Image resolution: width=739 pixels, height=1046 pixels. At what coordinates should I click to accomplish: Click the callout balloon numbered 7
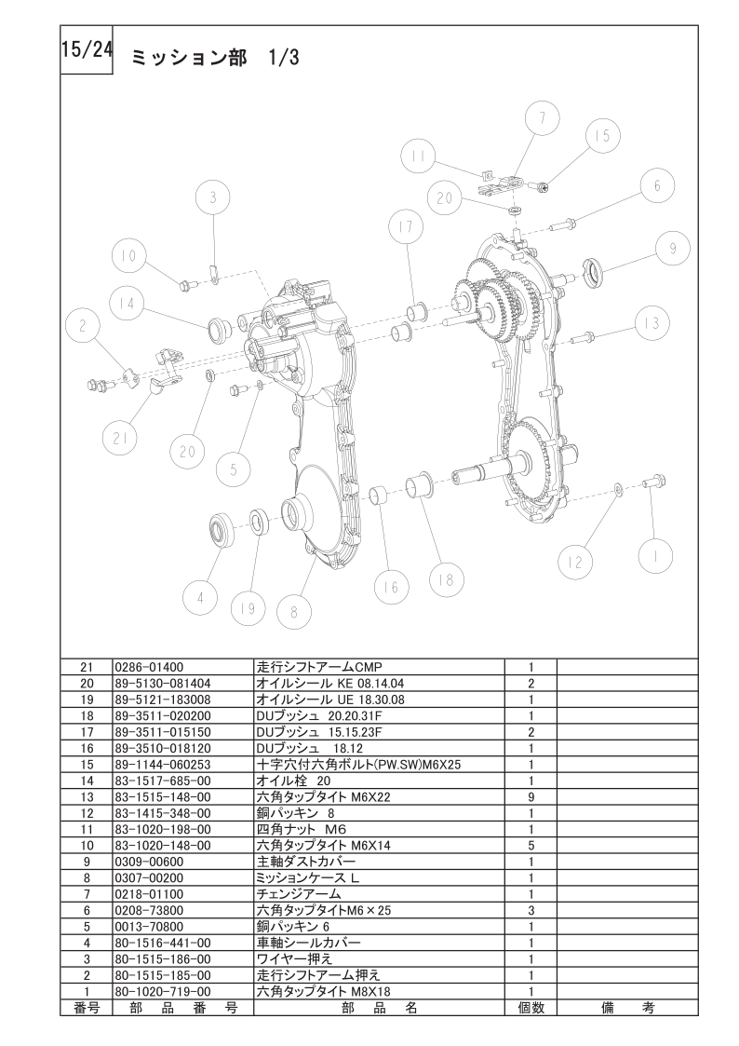click(542, 119)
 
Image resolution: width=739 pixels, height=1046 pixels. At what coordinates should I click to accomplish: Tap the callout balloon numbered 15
click(602, 135)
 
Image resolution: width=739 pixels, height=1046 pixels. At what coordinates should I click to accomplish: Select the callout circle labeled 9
click(672, 248)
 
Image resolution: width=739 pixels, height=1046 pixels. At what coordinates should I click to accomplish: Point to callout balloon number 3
click(212, 198)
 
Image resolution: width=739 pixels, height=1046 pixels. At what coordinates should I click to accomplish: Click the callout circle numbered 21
click(121, 439)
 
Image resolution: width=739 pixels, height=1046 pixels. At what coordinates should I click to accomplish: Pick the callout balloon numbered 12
click(574, 562)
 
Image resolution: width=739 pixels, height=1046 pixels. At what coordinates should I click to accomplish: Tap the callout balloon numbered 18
click(446, 579)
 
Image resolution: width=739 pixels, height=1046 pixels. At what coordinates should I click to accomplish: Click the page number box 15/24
click(87, 51)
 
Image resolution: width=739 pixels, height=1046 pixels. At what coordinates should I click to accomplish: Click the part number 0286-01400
click(149, 666)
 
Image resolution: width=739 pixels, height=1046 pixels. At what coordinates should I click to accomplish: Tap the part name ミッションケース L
click(308, 877)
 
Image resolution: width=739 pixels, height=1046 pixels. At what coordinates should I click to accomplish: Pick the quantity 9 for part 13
click(531, 796)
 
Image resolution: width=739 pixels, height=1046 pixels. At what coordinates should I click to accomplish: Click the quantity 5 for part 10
click(531, 845)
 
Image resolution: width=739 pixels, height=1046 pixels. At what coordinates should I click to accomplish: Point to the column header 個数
click(531, 1007)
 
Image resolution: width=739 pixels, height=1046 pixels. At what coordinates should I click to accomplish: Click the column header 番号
click(87, 1007)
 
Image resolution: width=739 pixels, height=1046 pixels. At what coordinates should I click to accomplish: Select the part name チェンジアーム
click(299, 894)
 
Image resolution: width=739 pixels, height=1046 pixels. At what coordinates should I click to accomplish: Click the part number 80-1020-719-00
click(163, 991)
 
